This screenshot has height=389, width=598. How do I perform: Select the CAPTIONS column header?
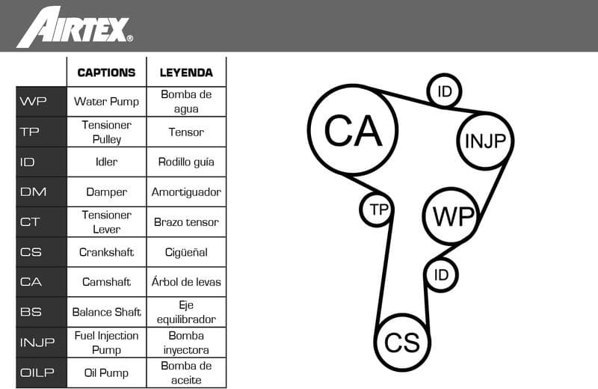coord(106,73)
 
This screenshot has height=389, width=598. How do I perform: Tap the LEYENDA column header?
coord(186,73)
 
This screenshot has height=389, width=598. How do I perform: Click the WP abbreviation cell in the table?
coord(41,102)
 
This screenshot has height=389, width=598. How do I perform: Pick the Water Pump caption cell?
coord(106,102)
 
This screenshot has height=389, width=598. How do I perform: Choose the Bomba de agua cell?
coord(186,102)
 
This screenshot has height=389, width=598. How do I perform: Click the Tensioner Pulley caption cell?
coord(106,132)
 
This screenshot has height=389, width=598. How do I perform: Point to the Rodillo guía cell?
coord(186,162)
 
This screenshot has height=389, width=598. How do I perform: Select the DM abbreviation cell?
coord(41,192)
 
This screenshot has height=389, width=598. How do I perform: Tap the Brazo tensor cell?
coord(186,221)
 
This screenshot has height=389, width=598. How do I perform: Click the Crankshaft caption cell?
coord(106,252)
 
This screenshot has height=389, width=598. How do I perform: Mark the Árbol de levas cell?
coord(186,282)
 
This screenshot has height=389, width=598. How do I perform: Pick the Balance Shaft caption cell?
coord(106,312)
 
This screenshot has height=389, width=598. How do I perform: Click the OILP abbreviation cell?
coord(41,373)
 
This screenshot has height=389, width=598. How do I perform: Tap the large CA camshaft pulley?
coord(353,132)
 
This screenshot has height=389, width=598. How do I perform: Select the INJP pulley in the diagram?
coord(486,140)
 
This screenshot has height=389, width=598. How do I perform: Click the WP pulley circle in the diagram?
coord(454,216)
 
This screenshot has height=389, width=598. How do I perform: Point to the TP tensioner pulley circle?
coord(378,209)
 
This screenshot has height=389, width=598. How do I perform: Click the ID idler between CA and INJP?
coord(445,91)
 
